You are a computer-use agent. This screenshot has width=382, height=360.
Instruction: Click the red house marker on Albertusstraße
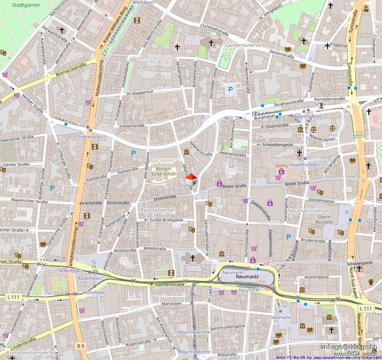[x=191, y=180]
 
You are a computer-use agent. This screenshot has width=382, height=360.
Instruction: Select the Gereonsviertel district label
[x=243, y=45]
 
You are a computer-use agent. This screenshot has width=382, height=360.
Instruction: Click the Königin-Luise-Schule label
[x=164, y=171]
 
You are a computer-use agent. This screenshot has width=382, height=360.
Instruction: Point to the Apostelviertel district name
[x=158, y=210]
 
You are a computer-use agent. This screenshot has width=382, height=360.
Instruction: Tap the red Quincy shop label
[x=282, y=166]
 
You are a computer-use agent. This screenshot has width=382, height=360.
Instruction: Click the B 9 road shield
[x=80, y=346]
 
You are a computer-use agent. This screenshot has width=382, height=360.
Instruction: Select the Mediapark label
[x=144, y=2]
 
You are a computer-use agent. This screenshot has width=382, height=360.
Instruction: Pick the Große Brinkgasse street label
[x=166, y=220]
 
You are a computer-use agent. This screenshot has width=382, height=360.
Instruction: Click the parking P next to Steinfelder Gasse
[x=230, y=90]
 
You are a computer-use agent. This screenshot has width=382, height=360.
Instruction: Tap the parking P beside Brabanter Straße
[x=52, y=188]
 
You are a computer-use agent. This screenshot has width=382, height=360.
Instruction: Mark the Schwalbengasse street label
[x=277, y=144]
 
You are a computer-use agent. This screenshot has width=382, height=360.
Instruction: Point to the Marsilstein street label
[x=172, y=303]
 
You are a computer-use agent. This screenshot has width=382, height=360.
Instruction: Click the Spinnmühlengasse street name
[x=227, y=327]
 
